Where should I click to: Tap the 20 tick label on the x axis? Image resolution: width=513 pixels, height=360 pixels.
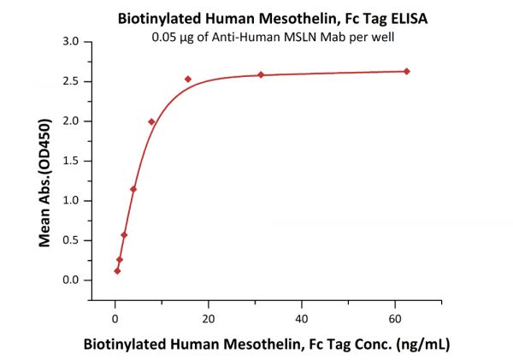click(x=209, y=318)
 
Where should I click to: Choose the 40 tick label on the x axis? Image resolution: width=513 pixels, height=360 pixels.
click(x=301, y=318)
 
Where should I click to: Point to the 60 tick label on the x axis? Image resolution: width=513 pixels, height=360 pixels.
click(x=394, y=318)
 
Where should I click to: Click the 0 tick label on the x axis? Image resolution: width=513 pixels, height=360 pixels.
click(x=115, y=318)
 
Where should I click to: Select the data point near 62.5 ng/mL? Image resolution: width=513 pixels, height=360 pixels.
click(x=407, y=71)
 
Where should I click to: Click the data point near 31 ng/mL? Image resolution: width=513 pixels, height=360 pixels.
click(x=261, y=74)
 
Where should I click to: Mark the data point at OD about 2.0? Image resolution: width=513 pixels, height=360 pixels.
click(x=151, y=121)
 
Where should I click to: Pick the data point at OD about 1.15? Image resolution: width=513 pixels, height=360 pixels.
click(x=133, y=189)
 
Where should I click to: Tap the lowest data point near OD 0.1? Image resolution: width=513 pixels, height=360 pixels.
click(x=117, y=271)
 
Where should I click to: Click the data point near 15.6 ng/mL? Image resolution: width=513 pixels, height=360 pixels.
click(x=188, y=79)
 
